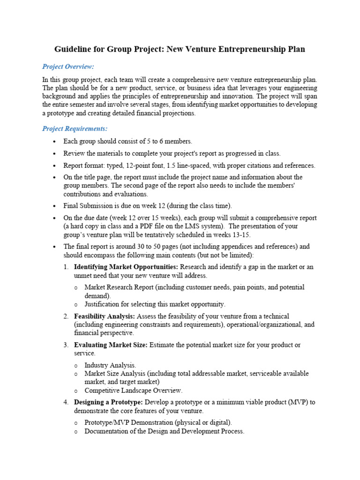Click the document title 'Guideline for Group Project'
(180, 49)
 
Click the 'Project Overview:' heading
(68, 67)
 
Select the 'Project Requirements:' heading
(75, 128)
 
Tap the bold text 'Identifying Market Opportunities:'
(126, 267)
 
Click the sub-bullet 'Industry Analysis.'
(110, 365)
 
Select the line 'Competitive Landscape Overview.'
(133, 390)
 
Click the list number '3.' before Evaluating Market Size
(66, 345)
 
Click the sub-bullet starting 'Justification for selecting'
(155, 304)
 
